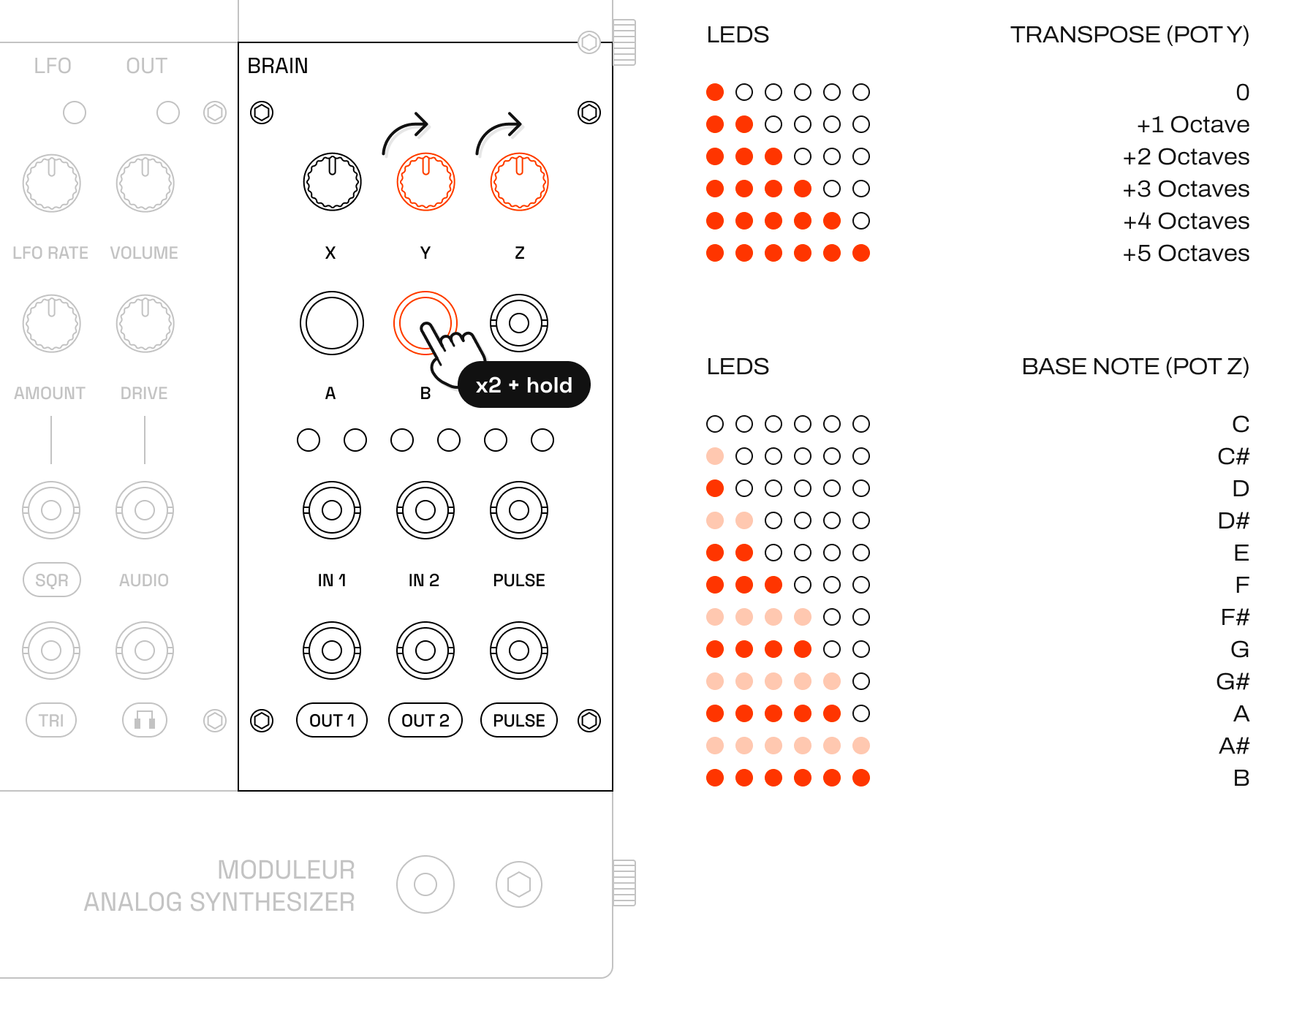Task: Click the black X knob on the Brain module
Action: [332, 182]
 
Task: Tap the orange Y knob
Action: [425, 182]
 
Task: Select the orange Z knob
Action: [519, 182]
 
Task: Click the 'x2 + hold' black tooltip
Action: [523, 384]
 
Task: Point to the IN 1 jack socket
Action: [332, 510]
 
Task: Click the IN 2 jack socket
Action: [425, 510]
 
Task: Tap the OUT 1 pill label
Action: [332, 721]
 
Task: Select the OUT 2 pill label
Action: [425, 721]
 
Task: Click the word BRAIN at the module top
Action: [278, 66]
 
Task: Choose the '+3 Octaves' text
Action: [1186, 189]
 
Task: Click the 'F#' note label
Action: [1235, 617]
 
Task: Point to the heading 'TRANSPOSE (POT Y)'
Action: [1130, 34]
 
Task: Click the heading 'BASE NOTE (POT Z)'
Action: [1135, 366]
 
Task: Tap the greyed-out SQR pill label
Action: [51, 580]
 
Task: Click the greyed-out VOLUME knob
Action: [145, 183]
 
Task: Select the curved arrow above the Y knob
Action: [404, 132]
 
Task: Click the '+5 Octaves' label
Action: [1186, 253]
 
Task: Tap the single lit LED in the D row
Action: [715, 488]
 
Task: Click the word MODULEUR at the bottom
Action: [286, 870]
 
